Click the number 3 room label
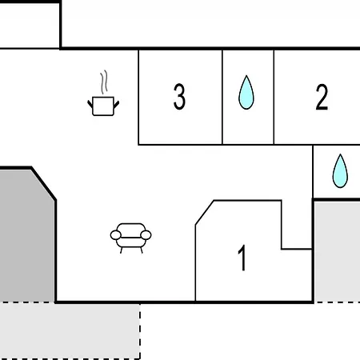179,96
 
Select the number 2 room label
322,97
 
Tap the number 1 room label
242,258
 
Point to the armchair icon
130,238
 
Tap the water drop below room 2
340,171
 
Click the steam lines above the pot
104,82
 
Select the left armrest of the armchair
116,235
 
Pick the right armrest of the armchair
146,235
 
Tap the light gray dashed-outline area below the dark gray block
70,330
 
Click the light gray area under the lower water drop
338,251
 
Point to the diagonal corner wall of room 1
205,213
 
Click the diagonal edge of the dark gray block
43,184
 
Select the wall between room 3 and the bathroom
222,97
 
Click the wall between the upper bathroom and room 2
274,97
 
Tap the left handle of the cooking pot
90,104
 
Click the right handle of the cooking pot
116,104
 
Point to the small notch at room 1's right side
297,250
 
